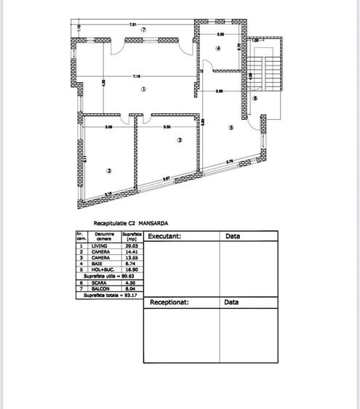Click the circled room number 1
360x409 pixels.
(x=143, y=89)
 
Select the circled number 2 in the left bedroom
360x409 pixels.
(x=108, y=171)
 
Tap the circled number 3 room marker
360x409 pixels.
(x=178, y=141)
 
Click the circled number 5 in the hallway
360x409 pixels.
(x=231, y=127)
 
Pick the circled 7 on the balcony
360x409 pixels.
(x=144, y=30)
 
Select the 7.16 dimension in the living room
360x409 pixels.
(x=136, y=76)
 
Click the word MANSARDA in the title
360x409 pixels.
(x=153, y=223)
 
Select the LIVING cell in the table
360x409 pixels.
(x=100, y=246)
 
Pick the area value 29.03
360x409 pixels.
(x=131, y=246)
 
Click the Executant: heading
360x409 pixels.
(x=164, y=236)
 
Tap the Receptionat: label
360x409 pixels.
(x=169, y=301)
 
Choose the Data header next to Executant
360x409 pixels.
(x=233, y=236)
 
